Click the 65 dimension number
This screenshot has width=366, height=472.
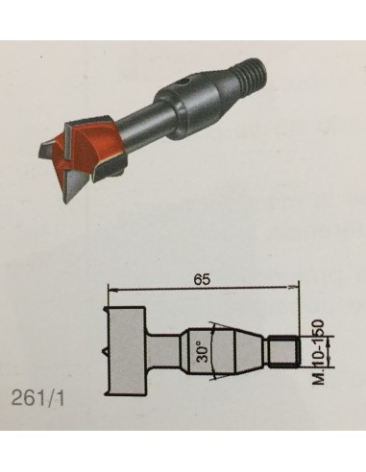coord(202,279)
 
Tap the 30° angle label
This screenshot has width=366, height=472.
coord(202,351)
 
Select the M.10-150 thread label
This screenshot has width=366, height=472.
coord(318,352)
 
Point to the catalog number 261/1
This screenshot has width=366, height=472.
coord(37,399)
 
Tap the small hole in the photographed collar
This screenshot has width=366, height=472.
coord(183,83)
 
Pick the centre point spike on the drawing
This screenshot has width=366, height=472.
coord(104,351)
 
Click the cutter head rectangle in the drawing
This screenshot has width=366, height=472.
coord(127,351)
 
